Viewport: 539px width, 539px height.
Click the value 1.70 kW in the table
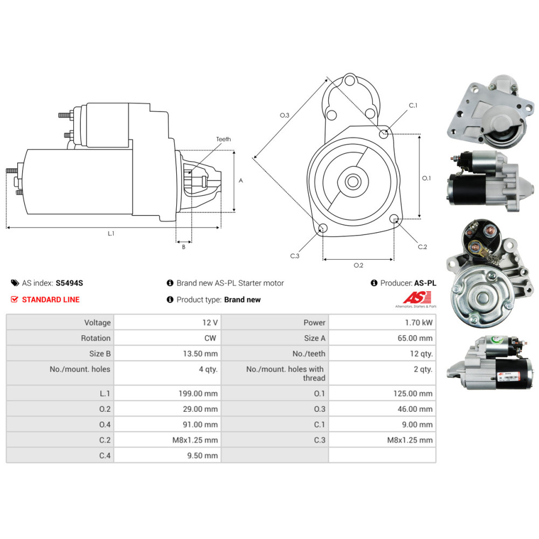[x=421, y=322]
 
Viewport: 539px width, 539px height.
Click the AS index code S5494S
[x=69, y=283]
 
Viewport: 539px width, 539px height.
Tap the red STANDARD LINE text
[x=51, y=300]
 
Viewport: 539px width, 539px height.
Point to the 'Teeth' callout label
[x=223, y=139]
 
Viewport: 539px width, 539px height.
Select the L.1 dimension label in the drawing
[x=111, y=233]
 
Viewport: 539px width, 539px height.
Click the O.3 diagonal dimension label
[x=285, y=115]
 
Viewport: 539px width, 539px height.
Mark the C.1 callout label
[x=413, y=105]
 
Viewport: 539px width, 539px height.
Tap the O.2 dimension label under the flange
[x=358, y=265]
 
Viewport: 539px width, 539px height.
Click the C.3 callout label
[x=294, y=256]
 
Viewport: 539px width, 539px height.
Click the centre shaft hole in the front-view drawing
[x=353, y=182]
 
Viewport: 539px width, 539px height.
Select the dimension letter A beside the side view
[x=240, y=181]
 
